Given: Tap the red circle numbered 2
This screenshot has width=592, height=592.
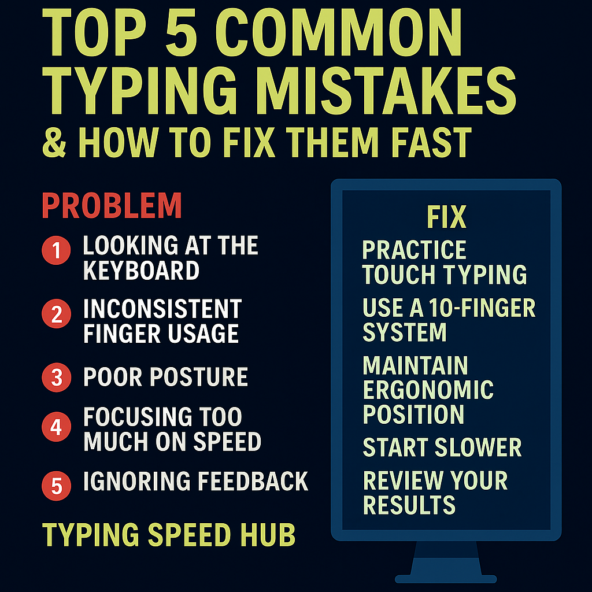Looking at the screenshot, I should click(x=57, y=314).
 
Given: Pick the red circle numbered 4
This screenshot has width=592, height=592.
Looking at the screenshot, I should click(x=57, y=428).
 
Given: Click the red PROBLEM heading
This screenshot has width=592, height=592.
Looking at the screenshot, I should click(x=112, y=205).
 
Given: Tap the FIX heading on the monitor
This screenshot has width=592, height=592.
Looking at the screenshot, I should click(x=446, y=217).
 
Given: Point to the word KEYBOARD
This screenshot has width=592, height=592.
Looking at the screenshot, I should click(x=141, y=270).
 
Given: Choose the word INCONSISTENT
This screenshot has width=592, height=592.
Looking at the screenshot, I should click(x=162, y=309).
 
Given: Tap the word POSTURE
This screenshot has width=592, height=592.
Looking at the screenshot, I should click(x=199, y=377).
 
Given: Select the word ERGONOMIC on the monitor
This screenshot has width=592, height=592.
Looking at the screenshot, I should click(x=428, y=390).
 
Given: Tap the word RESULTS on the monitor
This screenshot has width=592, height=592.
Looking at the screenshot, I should click(x=409, y=505).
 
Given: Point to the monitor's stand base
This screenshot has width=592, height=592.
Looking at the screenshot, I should click(x=446, y=578).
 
